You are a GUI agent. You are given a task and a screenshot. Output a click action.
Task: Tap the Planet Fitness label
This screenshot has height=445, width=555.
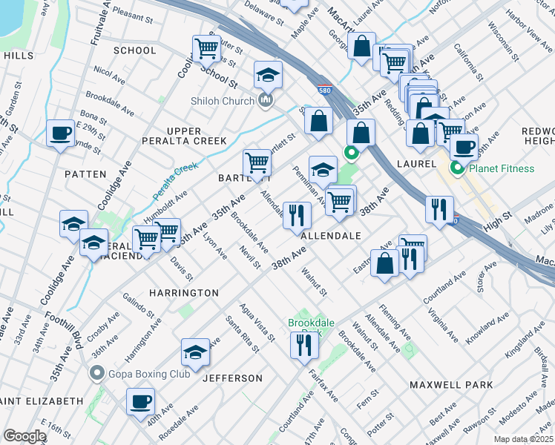pyautogui.click(x=500, y=168)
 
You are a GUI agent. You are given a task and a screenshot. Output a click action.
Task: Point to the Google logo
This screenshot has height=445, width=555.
pyautogui.click(x=24, y=435)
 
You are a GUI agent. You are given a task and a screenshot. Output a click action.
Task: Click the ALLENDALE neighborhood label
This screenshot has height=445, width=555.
pyautogui.click(x=331, y=235)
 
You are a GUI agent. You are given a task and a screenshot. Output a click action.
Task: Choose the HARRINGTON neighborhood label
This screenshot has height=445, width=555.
pyautogui.click(x=183, y=293)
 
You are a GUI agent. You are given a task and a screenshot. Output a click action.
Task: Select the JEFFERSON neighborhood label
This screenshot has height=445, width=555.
pyautogui.click(x=232, y=378)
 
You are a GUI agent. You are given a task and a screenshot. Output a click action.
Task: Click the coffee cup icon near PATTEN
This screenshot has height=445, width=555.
pyautogui.click(x=60, y=133)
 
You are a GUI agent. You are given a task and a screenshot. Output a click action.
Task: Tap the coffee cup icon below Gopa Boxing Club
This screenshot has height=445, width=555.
pyautogui.click(x=140, y=402)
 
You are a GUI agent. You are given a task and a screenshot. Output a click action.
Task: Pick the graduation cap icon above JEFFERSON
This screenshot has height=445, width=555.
pyautogui.click(x=195, y=352)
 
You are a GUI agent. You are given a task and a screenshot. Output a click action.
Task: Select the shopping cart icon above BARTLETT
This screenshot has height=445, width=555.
pyautogui.click(x=257, y=162)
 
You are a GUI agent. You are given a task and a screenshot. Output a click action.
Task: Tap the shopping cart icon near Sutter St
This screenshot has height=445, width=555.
pyautogui.click(x=206, y=49)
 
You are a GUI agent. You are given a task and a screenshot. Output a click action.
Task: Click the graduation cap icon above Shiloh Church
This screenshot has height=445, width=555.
pyautogui.click(x=269, y=73)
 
